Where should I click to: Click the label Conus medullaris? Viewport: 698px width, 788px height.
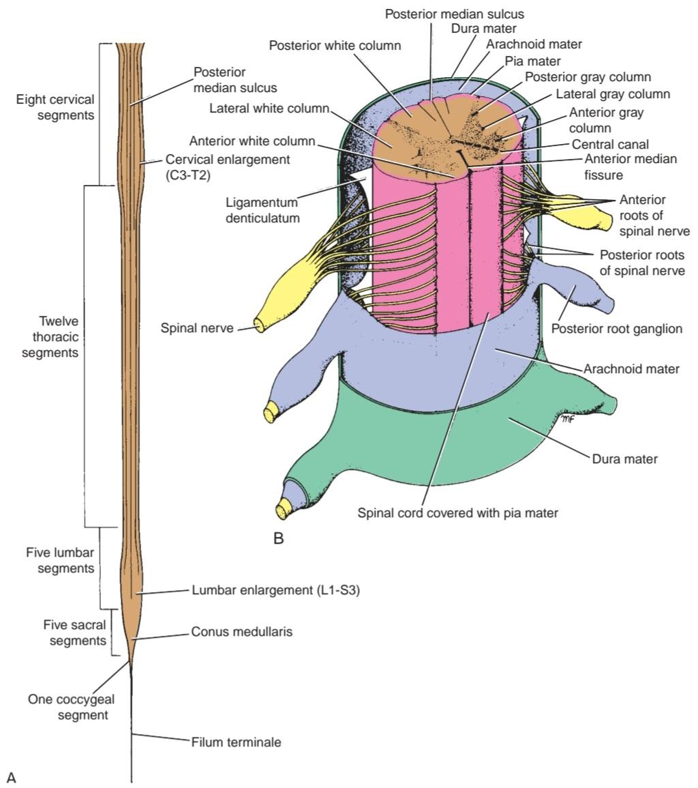tap(241, 631)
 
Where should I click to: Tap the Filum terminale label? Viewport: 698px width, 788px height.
tap(236, 742)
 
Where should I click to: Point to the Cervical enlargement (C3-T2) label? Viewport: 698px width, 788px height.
tap(228, 167)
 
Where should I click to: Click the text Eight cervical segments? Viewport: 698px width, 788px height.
tap(55, 107)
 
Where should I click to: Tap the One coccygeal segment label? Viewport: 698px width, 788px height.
tap(72, 707)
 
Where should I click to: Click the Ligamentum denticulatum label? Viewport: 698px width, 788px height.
tap(262, 210)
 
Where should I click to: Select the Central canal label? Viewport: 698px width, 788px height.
tap(611, 144)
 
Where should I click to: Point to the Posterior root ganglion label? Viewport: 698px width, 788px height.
tap(617, 329)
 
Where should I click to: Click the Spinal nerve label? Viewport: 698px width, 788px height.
tap(197, 328)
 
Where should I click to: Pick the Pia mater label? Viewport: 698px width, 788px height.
tap(533, 61)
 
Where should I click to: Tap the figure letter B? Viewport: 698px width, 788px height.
tap(279, 539)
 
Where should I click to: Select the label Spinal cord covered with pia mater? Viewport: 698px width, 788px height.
tap(458, 513)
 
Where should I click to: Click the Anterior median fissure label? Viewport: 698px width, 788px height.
tap(631, 167)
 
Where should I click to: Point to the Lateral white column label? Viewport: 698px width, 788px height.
tap(269, 108)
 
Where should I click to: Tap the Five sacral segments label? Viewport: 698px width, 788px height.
tap(75, 632)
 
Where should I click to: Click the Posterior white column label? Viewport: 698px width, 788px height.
tap(335, 45)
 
